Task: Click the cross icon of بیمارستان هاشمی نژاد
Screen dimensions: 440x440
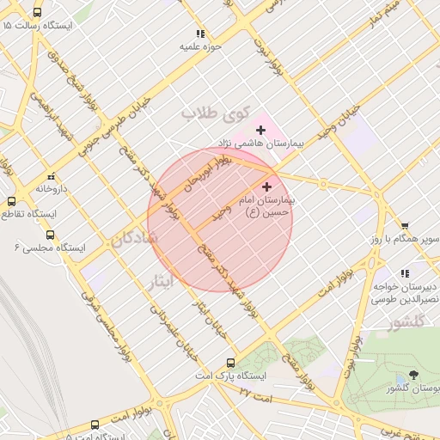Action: tap(260, 130)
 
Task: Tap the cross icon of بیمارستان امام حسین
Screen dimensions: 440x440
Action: tap(266, 186)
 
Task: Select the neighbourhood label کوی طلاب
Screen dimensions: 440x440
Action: tap(215, 113)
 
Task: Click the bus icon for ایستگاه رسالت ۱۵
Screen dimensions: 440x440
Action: tap(37, 13)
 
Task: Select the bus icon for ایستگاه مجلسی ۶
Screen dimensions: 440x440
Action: tap(50, 234)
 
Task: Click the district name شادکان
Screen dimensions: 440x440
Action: tap(133, 239)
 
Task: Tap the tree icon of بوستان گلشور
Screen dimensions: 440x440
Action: tap(414, 376)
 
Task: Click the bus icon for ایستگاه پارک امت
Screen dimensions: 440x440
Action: tap(229, 363)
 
